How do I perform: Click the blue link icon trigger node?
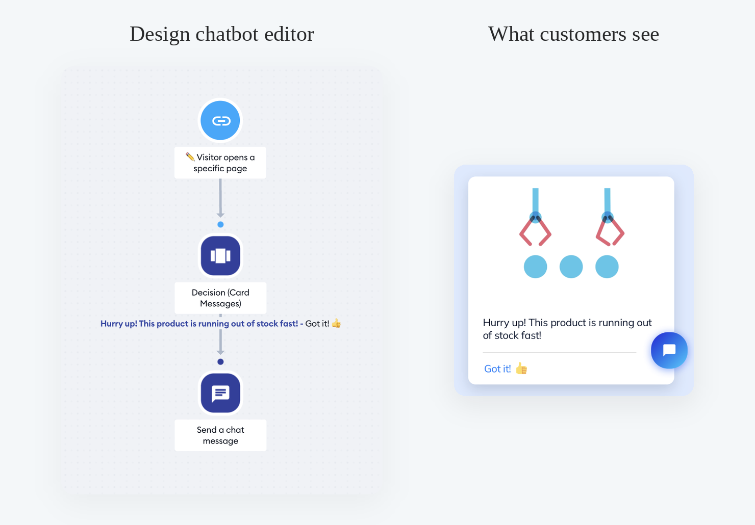pos(220,120)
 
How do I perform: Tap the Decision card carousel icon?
pos(220,255)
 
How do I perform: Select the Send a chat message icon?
pos(220,392)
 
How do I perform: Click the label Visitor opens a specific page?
pos(220,163)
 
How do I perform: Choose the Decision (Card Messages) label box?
pos(220,298)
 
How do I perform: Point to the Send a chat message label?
pos(220,435)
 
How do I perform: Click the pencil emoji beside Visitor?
pos(190,156)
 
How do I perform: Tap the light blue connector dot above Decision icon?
pos(220,224)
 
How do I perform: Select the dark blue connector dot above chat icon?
pos(220,362)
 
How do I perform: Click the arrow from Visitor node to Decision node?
pos(220,198)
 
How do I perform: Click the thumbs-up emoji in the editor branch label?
pos(336,323)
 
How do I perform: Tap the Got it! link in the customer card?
pos(497,369)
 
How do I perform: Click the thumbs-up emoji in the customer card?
pos(521,369)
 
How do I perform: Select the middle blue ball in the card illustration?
pos(571,267)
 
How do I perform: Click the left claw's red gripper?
pos(535,232)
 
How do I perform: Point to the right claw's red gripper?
pos(610,232)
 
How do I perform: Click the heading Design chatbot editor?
pos(222,34)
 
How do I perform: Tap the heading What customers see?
pos(573,34)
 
